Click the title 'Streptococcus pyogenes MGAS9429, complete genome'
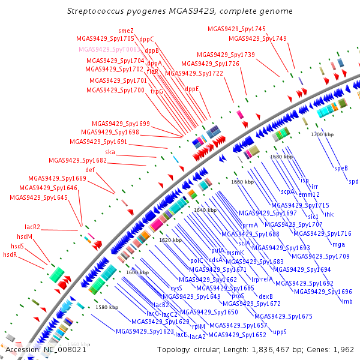point(180,11)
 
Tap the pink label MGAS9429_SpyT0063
point(109,49)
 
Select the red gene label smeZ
point(126,31)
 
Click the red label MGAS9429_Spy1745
point(236,29)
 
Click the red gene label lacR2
point(32,227)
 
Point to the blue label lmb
point(347,301)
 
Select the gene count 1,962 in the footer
point(344,349)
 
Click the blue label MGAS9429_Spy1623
point(145,331)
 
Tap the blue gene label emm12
point(310,194)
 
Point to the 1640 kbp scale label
point(205,210)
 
